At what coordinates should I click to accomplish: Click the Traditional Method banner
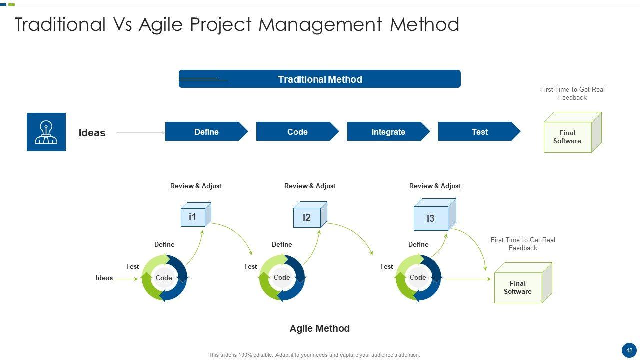click(x=319, y=79)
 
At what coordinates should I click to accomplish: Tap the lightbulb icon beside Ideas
click(x=46, y=132)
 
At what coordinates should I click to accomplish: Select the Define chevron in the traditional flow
click(x=206, y=131)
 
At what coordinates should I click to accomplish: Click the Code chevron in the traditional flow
click(x=297, y=131)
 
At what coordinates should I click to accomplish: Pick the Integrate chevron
click(x=388, y=131)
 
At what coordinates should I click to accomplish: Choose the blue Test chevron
click(x=479, y=131)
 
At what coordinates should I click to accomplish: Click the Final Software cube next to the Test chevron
click(x=572, y=132)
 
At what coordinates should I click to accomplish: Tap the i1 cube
click(x=196, y=215)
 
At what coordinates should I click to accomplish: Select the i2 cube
click(x=310, y=215)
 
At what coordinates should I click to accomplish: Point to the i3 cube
click(x=435, y=215)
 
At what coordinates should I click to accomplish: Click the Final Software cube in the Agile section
click(x=523, y=283)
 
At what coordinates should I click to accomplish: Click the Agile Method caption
click(x=319, y=328)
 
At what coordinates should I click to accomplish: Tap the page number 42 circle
click(x=629, y=350)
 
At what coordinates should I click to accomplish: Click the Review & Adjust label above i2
click(x=310, y=186)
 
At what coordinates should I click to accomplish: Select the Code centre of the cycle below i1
click(x=164, y=278)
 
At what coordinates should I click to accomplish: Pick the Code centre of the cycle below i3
click(x=418, y=277)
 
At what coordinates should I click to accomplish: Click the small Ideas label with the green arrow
click(x=104, y=278)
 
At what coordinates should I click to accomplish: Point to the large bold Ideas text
click(x=92, y=133)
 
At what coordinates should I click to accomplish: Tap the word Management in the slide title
click(x=320, y=25)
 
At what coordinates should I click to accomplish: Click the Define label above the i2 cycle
click(x=282, y=244)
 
